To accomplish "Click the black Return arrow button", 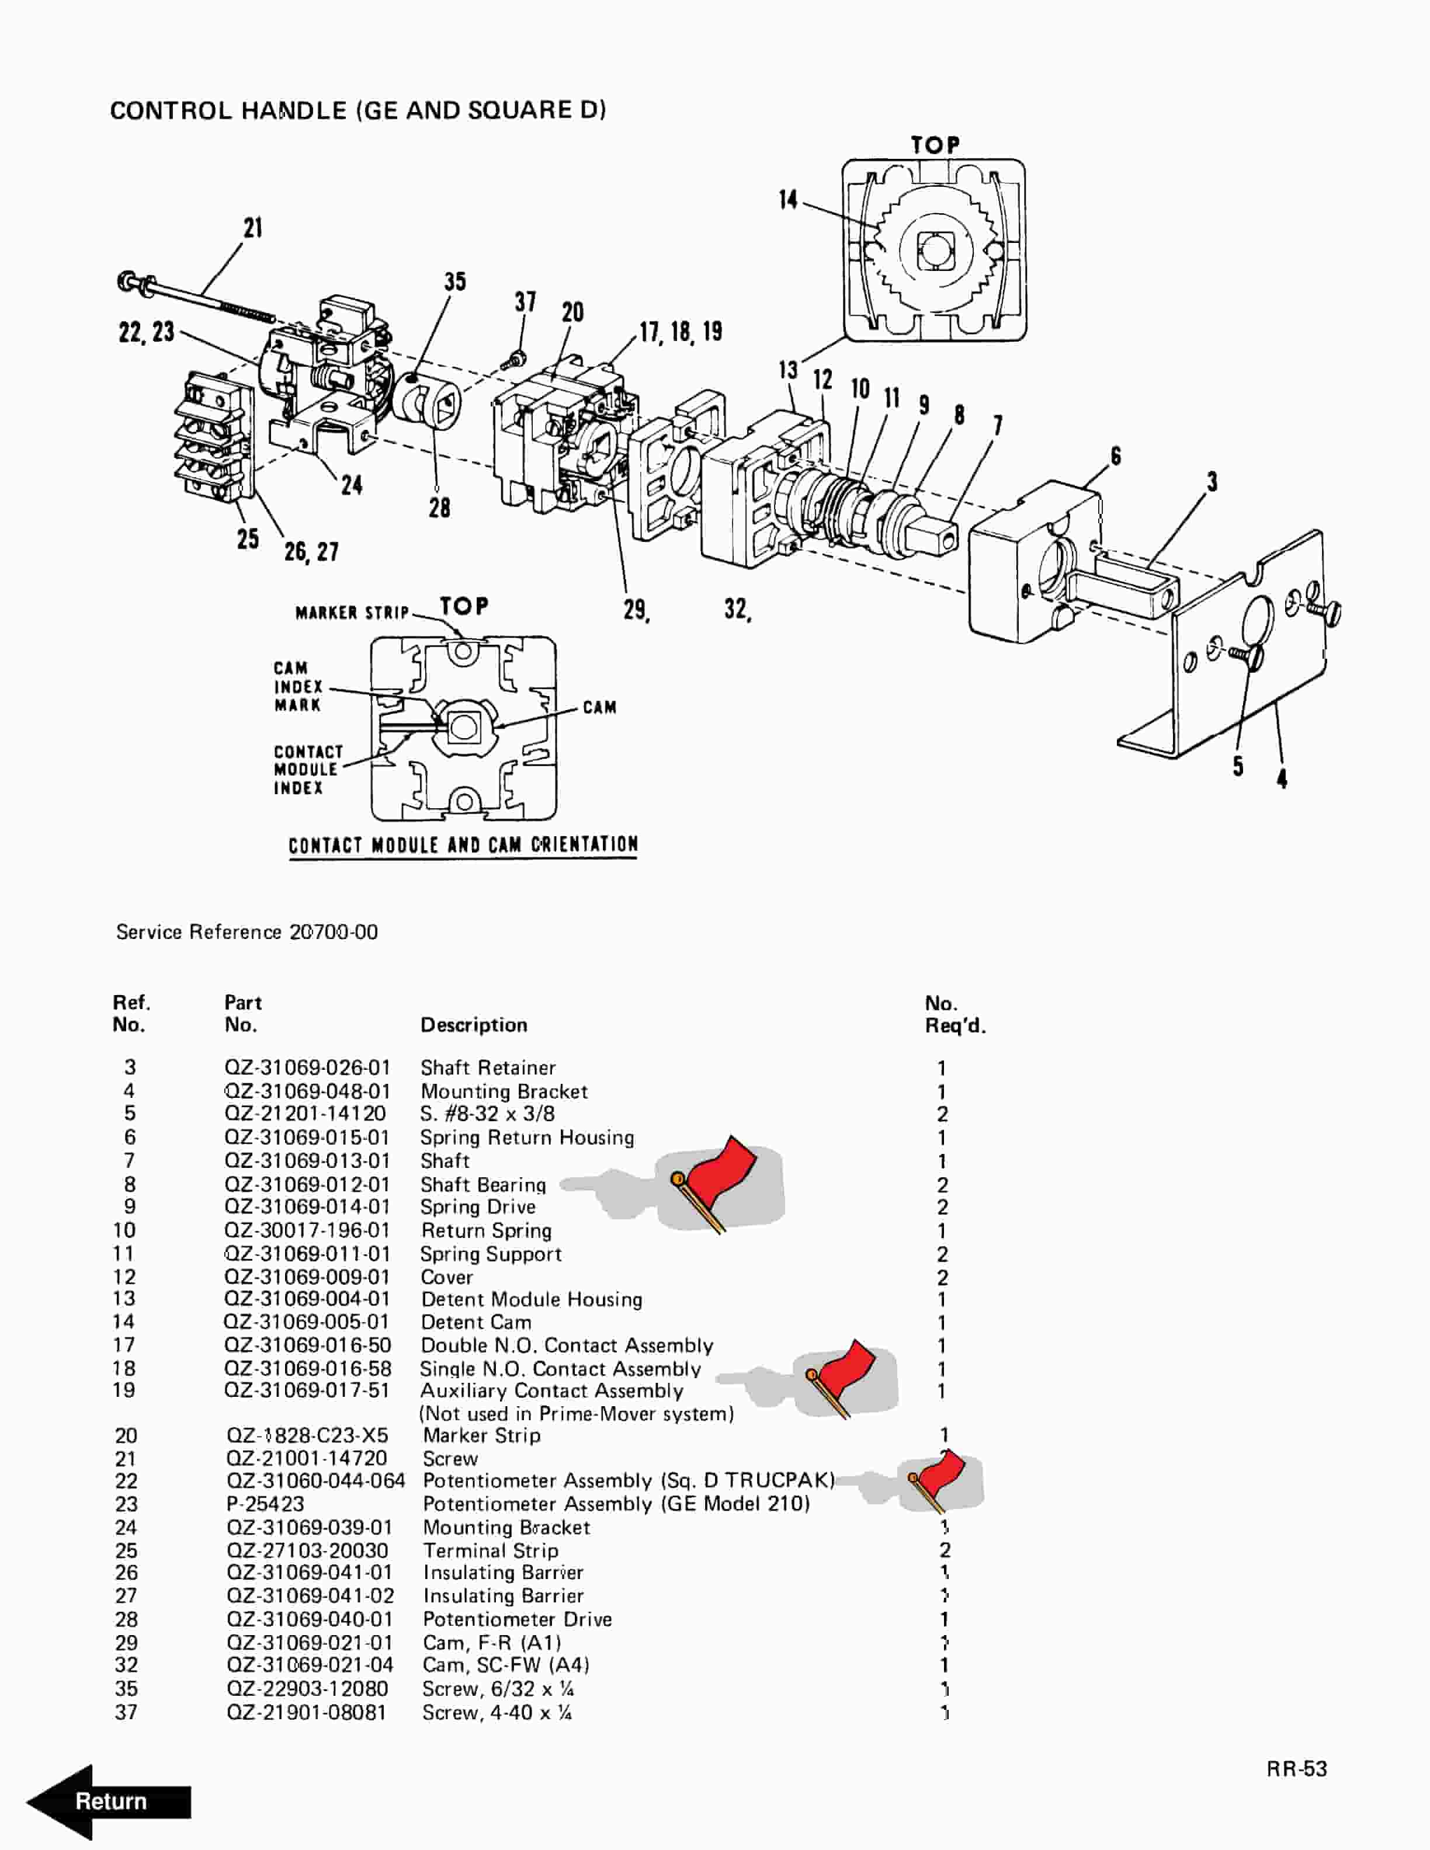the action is click(109, 1801).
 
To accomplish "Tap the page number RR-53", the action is click(1297, 1769).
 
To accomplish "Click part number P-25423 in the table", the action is click(265, 1504).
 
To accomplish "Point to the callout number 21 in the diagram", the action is click(252, 228).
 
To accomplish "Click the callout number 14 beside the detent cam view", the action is click(788, 199).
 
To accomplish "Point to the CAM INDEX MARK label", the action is click(297, 686).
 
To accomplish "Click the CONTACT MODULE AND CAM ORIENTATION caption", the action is click(463, 844).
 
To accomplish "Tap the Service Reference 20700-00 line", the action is click(247, 932).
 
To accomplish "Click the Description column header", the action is click(474, 1025).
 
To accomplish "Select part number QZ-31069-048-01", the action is click(307, 1091).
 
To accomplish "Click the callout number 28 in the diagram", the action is click(439, 507).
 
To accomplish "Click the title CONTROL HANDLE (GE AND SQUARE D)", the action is click(357, 110).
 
